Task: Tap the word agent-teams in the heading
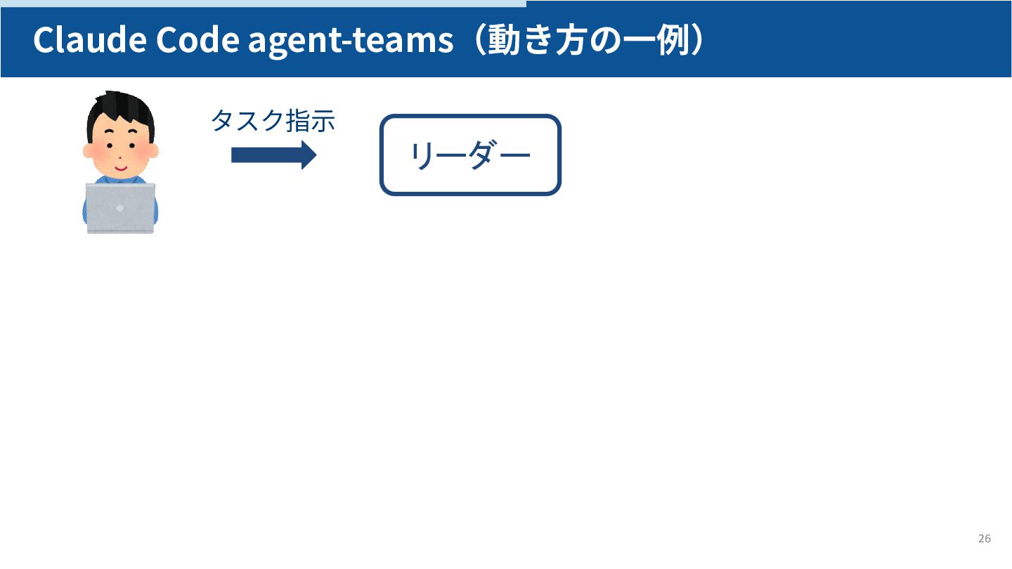(351, 41)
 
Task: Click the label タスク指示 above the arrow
(273, 121)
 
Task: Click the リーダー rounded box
(470, 155)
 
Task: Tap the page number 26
(984, 539)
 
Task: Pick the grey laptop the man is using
(120, 208)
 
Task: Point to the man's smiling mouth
(120, 169)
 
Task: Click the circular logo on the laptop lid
(120, 208)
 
